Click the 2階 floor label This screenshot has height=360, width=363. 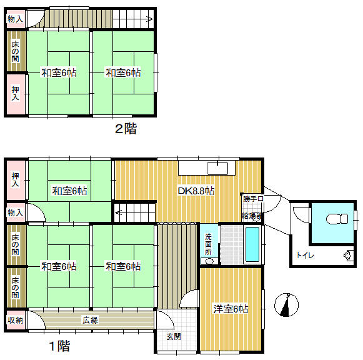coord(126,129)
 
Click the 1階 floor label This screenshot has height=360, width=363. coord(59,346)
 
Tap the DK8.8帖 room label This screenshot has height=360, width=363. coord(197,191)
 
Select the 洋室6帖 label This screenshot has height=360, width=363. coord(231,309)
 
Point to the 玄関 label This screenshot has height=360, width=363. coord(174,337)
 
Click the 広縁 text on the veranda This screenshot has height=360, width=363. coord(91,320)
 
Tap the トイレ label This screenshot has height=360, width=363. coord(305,254)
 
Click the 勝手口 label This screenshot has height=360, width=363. coord(254,199)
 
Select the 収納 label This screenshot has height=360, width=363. coord(16,320)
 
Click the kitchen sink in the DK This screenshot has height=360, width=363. coord(217,168)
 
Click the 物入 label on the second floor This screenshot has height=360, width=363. coord(16,19)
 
